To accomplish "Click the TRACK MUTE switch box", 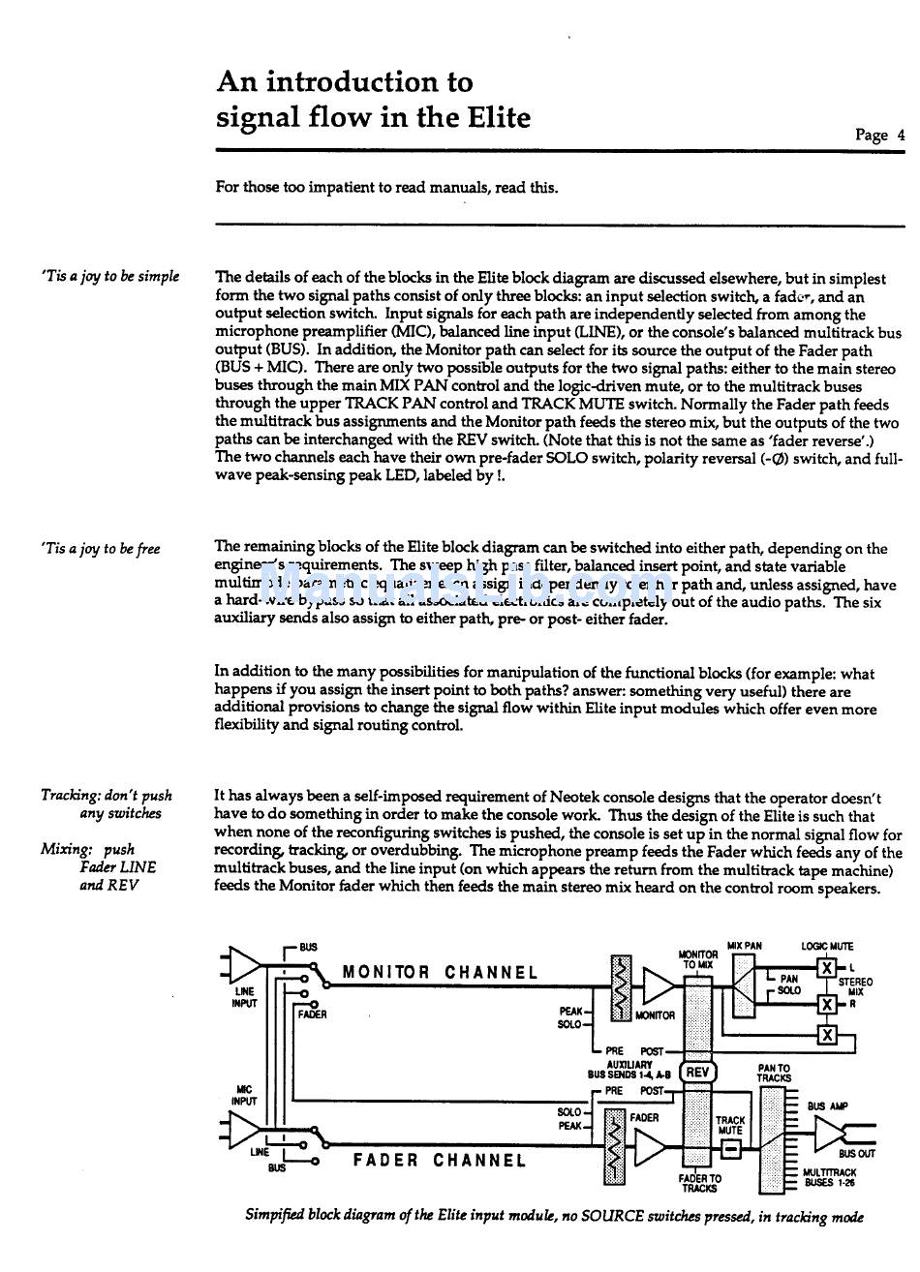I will coord(731,1149).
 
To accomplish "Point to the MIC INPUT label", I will coord(244,1095).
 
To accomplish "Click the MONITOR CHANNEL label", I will coord(441,973).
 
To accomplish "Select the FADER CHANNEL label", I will coord(440,1160).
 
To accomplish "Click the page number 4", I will coord(901,136).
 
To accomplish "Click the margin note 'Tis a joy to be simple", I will coord(110,277).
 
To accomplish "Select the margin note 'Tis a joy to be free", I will coord(101,549).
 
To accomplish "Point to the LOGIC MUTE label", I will coord(827,946).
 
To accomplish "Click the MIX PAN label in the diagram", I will coord(745,946).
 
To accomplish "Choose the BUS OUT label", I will coord(856,1154).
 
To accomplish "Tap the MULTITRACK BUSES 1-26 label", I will coord(830,1177).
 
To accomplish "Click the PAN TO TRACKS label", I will coord(774,1074).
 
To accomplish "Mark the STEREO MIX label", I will coord(855,986).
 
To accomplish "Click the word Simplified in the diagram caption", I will coord(280,1217).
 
